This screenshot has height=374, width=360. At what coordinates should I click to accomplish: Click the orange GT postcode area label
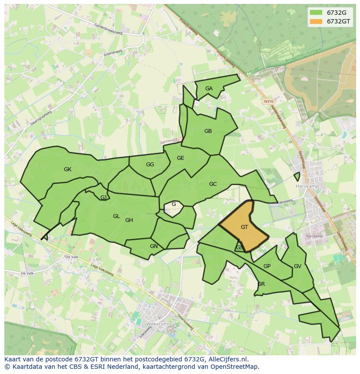coord(244,227)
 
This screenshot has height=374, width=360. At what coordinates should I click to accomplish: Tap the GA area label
coord(209,89)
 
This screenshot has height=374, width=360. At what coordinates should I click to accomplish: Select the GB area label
coord(208,131)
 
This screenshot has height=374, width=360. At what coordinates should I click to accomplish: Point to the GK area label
coord(67,169)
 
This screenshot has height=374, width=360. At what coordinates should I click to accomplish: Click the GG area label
coord(150,165)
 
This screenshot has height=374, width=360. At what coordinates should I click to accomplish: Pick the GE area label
coord(180,158)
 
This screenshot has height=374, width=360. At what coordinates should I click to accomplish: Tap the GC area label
coord(213,184)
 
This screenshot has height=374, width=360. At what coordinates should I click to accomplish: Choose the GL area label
coord(116,216)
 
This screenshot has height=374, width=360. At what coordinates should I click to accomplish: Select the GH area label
coord(129,220)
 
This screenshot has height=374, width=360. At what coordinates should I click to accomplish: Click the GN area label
coord(153,246)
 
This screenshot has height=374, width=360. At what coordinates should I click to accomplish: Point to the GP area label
coord(267,266)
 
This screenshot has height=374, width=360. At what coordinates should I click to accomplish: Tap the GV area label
coord(297,266)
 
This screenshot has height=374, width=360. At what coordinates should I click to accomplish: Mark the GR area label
coord(261,284)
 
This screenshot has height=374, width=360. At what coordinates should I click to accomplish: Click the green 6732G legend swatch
coord(316,13)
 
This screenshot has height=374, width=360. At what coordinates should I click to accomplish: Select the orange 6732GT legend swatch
coord(316,21)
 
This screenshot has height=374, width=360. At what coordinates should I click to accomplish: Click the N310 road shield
coord(268,101)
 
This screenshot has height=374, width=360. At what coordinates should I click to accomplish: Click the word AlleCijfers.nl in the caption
coord(227,359)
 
